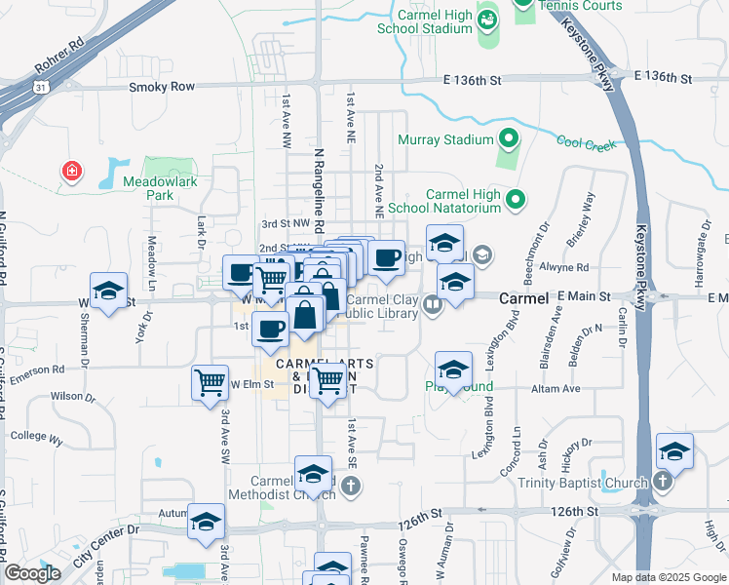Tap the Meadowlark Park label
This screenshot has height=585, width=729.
[x=148, y=187]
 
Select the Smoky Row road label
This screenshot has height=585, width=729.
[x=162, y=87]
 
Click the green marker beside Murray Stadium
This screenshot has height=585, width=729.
[x=508, y=139]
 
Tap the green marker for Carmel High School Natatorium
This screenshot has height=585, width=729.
[x=517, y=200]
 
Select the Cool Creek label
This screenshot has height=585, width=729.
[x=587, y=143]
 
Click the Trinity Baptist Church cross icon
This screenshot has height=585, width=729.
[x=662, y=482]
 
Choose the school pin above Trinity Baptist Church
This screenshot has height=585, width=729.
[x=674, y=452]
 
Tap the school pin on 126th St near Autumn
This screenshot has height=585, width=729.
[x=206, y=523]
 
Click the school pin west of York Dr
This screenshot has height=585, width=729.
[x=109, y=291]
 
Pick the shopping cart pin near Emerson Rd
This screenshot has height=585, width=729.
[x=210, y=381]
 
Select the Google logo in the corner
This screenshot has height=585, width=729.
[x=33, y=573]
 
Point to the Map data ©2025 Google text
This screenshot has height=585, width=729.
[x=669, y=577]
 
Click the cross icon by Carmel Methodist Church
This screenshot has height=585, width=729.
[x=350, y=485]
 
